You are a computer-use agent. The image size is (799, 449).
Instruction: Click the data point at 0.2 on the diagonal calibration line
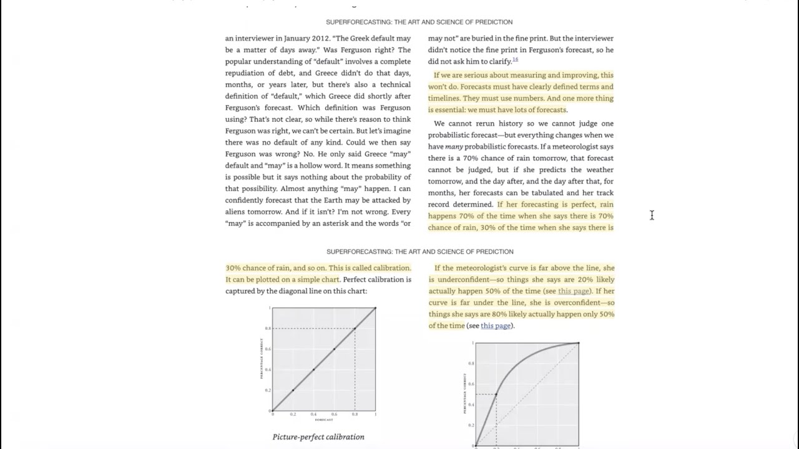(293, 390)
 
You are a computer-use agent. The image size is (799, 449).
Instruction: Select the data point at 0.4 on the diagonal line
(313, 370)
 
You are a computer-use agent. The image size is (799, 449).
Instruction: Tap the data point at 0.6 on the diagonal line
(334, 349)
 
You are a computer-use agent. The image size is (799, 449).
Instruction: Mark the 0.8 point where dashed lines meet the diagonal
(355, 329)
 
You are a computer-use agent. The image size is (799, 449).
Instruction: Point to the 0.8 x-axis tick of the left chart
(355, 414)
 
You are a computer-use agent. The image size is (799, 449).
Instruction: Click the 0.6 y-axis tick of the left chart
(268, 349)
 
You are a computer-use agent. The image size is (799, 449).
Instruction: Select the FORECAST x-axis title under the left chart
(323, 420)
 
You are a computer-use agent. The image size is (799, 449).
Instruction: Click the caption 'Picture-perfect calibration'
(318, 437)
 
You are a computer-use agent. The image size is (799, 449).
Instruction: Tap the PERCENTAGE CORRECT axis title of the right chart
(464, 393)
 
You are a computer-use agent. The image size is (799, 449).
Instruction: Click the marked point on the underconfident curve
(496, 394)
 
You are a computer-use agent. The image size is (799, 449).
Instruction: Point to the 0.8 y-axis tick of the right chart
(471, 363)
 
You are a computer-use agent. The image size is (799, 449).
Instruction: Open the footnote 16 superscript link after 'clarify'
(515, 60)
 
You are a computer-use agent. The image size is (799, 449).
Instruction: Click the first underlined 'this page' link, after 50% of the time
(574, 291)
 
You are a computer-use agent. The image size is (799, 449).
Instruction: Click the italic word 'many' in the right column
(454, 147)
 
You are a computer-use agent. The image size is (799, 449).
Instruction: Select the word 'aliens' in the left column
(236, 212)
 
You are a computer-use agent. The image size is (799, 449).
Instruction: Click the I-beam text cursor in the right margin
(652, 215)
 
